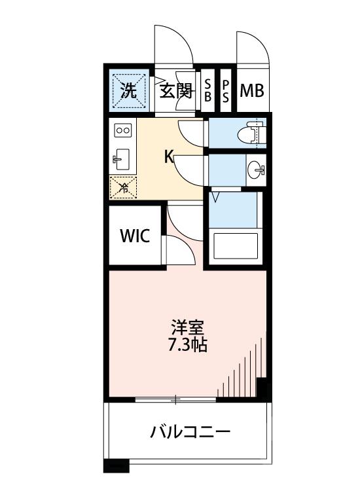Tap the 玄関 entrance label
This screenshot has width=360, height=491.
point(175,90)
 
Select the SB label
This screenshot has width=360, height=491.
point(207,90)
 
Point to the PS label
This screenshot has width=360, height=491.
point(226,90)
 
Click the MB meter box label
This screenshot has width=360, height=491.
point(251,90)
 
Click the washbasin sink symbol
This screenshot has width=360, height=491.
point(256,170)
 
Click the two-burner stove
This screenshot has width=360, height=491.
point(122,130)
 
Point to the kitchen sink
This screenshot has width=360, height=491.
point(122,158)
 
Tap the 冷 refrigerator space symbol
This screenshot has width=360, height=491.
point(122,188)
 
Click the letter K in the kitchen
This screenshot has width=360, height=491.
point(168,156)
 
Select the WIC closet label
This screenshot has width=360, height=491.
point(135,236)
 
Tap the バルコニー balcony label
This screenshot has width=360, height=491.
point(190,432)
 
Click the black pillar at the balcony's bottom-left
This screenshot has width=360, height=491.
point(117,467)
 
